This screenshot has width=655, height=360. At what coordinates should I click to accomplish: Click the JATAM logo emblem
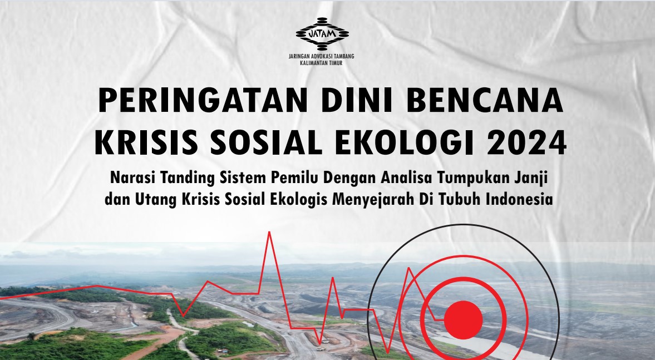(x=322, y=34)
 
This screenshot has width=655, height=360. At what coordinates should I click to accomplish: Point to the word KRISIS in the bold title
(x=146, y=142)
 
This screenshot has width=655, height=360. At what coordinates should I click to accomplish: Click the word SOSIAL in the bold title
(x=266, y=142)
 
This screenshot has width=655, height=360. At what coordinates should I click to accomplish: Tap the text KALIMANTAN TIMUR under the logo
(x=321, y=63)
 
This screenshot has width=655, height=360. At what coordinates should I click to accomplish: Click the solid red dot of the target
(x=463, y=320)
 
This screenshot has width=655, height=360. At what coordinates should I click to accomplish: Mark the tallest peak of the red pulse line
(x=269, y=232)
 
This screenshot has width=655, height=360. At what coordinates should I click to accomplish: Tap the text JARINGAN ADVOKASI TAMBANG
(x=321, y=56)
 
